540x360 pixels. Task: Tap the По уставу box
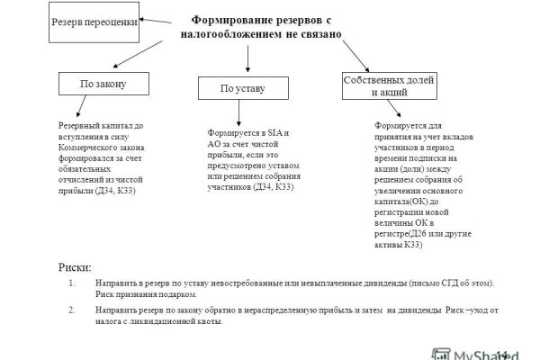tap(243, 88)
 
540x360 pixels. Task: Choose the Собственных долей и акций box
tap(378, 85)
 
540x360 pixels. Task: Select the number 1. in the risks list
tap(72, 283)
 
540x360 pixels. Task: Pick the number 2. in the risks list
tap(72, 309)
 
